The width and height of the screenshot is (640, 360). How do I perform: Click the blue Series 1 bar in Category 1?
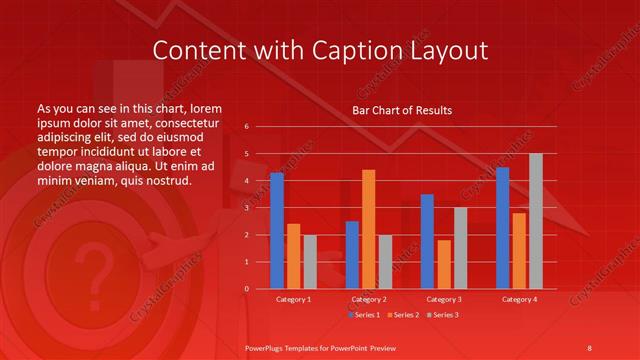tap(277, 231)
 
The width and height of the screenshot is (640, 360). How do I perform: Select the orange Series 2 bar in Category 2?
tap(368, 229)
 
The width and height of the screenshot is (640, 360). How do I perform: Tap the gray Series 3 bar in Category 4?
tap(535, 221)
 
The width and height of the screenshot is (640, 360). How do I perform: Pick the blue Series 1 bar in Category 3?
tap(427, 241)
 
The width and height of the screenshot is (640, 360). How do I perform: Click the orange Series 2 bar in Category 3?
tap(443, 264)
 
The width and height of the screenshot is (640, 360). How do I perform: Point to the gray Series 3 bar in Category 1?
tap(309, 261)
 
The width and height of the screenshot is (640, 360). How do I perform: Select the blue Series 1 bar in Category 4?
tap(503, 228)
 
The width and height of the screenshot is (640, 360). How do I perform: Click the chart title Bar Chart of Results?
tap(402, 110)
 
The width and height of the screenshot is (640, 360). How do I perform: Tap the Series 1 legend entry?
tap(366, 315)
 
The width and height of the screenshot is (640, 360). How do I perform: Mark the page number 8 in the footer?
tap(589, 346)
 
